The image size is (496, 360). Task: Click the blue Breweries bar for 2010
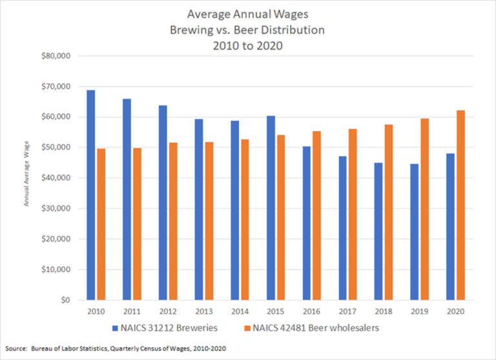(91, 195)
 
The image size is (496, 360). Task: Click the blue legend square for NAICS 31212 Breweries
(114, 328)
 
